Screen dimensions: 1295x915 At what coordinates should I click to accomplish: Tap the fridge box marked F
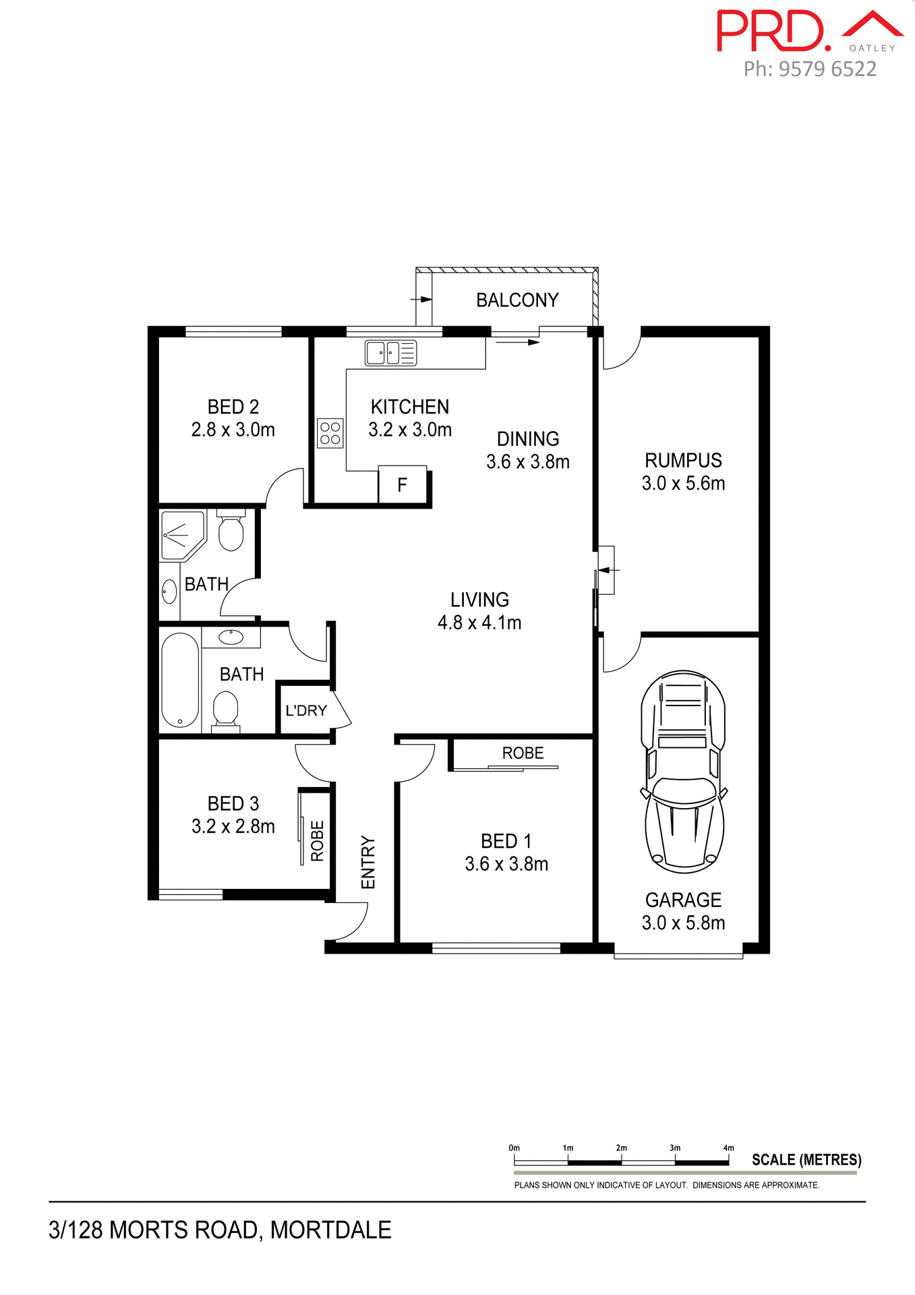click(403, 484)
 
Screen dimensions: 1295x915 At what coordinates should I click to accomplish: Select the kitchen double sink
click(390, 353)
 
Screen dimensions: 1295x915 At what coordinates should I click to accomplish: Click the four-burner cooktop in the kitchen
click(330, 433)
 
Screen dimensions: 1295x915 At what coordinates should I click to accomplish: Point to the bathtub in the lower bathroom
click(180, 679)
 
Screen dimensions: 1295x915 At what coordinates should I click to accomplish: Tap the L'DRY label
click(306, 710)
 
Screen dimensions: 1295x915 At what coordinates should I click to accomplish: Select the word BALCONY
click(517, 300)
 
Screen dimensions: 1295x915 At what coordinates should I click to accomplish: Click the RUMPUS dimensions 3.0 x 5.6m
click(683, 483)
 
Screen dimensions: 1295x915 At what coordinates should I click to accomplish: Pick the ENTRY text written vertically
click(368, 862)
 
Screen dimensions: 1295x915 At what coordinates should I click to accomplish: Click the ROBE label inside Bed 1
click(523, 753)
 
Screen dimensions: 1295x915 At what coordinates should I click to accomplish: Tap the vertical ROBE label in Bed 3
click(317, 840)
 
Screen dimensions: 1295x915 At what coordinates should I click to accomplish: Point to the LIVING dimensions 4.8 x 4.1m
click(479, 623)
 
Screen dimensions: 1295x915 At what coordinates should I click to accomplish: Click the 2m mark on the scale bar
click(621, 1147)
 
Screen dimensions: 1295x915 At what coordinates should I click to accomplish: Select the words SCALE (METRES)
click(806, 1159)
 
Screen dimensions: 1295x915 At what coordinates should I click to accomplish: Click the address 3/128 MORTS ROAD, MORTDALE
click(220, 1230)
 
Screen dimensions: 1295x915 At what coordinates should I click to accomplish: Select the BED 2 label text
click(233, 407)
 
